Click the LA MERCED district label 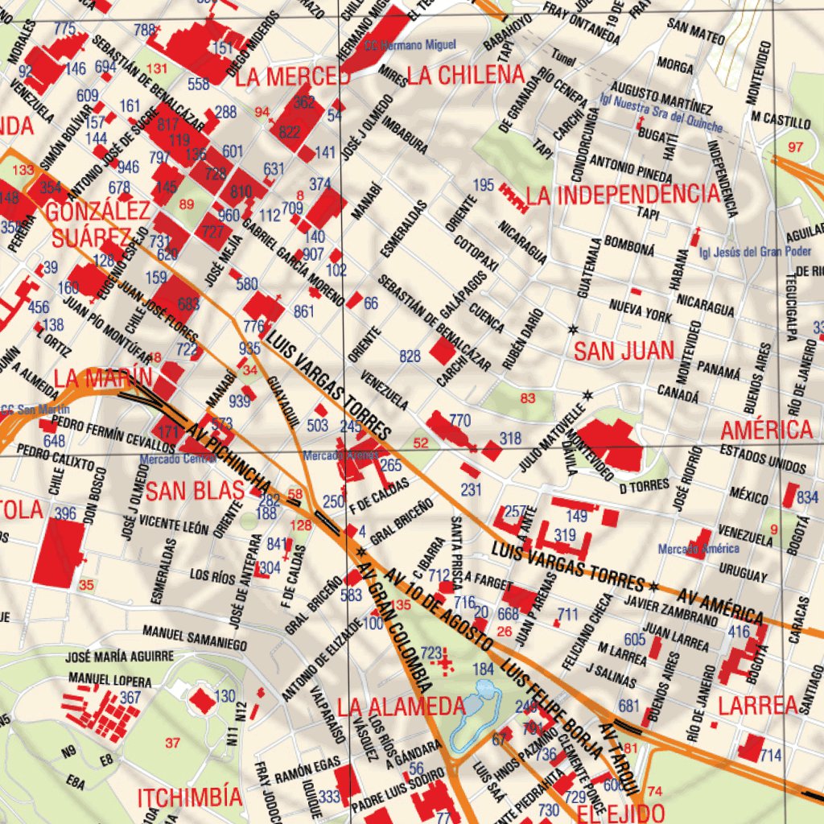[x=292, y=77]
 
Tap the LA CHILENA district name [x=466, y=76]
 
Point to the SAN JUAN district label [x=623, y=350]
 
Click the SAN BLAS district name [x=195, y=490]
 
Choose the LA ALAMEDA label [x=401, y=707]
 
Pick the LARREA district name [x=757, y=706]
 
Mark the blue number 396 [x=65, y=513]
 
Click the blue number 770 [x=459, y=420]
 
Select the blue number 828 [x=410, y=356]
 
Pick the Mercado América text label [x=698, y=549]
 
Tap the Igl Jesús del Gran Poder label [x=755, y=251]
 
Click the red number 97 [x=796, y=146]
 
